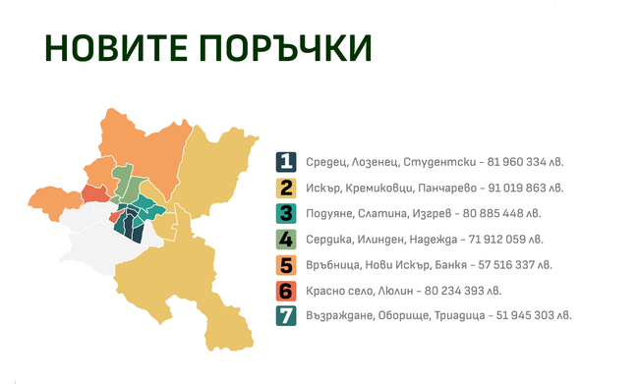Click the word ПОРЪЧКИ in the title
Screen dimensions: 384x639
[x=285, y=48]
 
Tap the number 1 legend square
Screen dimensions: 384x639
[x=286, y=161]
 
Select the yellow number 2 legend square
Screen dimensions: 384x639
[x=286, y=187]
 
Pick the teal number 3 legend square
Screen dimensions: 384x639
[x=286, y=212]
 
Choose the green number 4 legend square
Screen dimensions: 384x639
[x=286, y=239]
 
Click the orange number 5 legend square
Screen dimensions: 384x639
[x=286, y=264]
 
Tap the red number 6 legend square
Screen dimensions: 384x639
[x=286, y=290]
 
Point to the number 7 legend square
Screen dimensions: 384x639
[x=286, y=315]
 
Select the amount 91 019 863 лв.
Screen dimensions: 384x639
[x=526, y=187]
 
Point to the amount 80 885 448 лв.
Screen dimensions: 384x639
[x=497, y=212]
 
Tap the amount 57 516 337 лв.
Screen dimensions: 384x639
[x=511, y=264]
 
